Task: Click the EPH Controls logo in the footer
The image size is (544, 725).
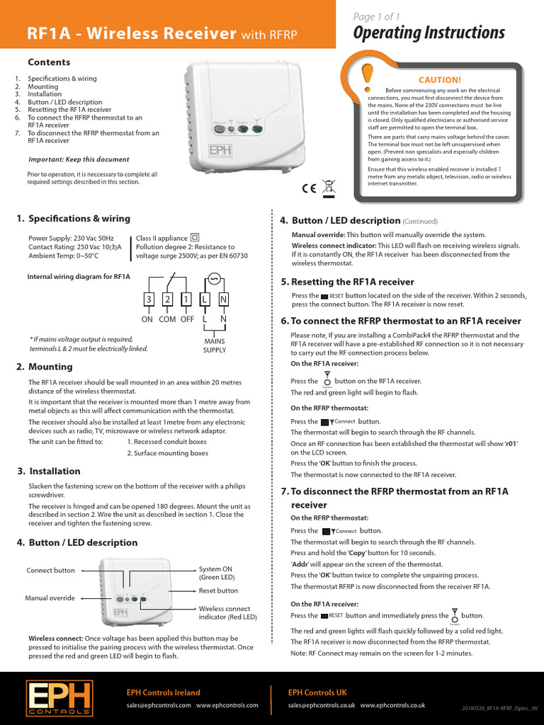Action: point(59,697)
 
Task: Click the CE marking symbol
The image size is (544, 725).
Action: point(309,188)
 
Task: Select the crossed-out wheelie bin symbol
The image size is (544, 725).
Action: point(328,188)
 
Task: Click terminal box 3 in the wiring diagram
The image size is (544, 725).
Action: point(149,299)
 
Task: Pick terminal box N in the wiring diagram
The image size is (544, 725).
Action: point(223,299)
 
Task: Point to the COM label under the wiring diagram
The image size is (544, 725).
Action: point(167,319)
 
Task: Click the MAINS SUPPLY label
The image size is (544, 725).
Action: point(215,346)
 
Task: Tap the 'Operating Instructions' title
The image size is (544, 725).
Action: point(429,33)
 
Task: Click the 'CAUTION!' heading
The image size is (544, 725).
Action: point(439,80)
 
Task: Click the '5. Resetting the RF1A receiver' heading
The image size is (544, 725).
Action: point(347,282)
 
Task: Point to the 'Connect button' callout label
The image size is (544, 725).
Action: point(50,570)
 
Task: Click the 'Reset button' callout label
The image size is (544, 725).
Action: point(218,590)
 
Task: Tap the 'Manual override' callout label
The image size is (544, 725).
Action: point(50,598)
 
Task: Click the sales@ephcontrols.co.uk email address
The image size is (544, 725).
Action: point(321,705)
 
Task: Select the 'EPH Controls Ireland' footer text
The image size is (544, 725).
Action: point(163,692)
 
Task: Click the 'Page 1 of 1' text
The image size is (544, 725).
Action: point(376,16)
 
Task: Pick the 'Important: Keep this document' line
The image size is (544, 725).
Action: point(78,159)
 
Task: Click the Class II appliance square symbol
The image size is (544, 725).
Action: point(195,238)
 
